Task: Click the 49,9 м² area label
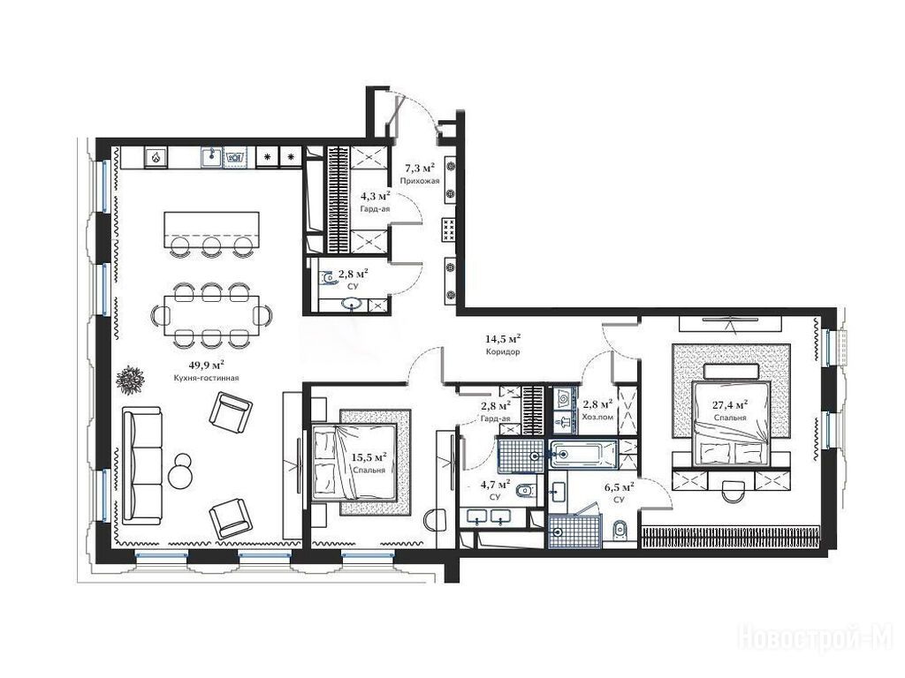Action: pyautogui.click(x=207, y=365)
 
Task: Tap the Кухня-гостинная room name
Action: pyautogui.click(x=206, y=378)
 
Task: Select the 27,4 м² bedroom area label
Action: pyautogui.click(x=731, y=404)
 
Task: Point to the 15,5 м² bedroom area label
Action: pyautogui.click(x=369, y=457)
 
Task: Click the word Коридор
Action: pyautogui.click(x=503, y=351)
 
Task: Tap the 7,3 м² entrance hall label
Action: pyautogui.click(x=419, y=168)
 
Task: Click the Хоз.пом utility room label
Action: pyautogui.click(x=597, y=417)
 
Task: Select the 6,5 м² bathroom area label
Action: pyautogui.click(x=620, y=487)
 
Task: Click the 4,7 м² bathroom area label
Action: pyautogui.click(x=495, y=484)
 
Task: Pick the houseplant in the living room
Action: pyautogui.click(x=132, y=380)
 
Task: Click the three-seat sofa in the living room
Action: pyautogui.click(x=142, y=466)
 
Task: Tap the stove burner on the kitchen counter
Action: pyautogui.click(x=156, y=156)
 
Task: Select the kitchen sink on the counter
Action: pyautogui.click(x=212, y=156)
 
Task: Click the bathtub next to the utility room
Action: pyautogui.click(x=583, y=455)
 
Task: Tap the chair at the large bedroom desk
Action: pyautogui.click(x=733, y=489)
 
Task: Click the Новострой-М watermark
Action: pyautogui.click(x=816, y=638)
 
